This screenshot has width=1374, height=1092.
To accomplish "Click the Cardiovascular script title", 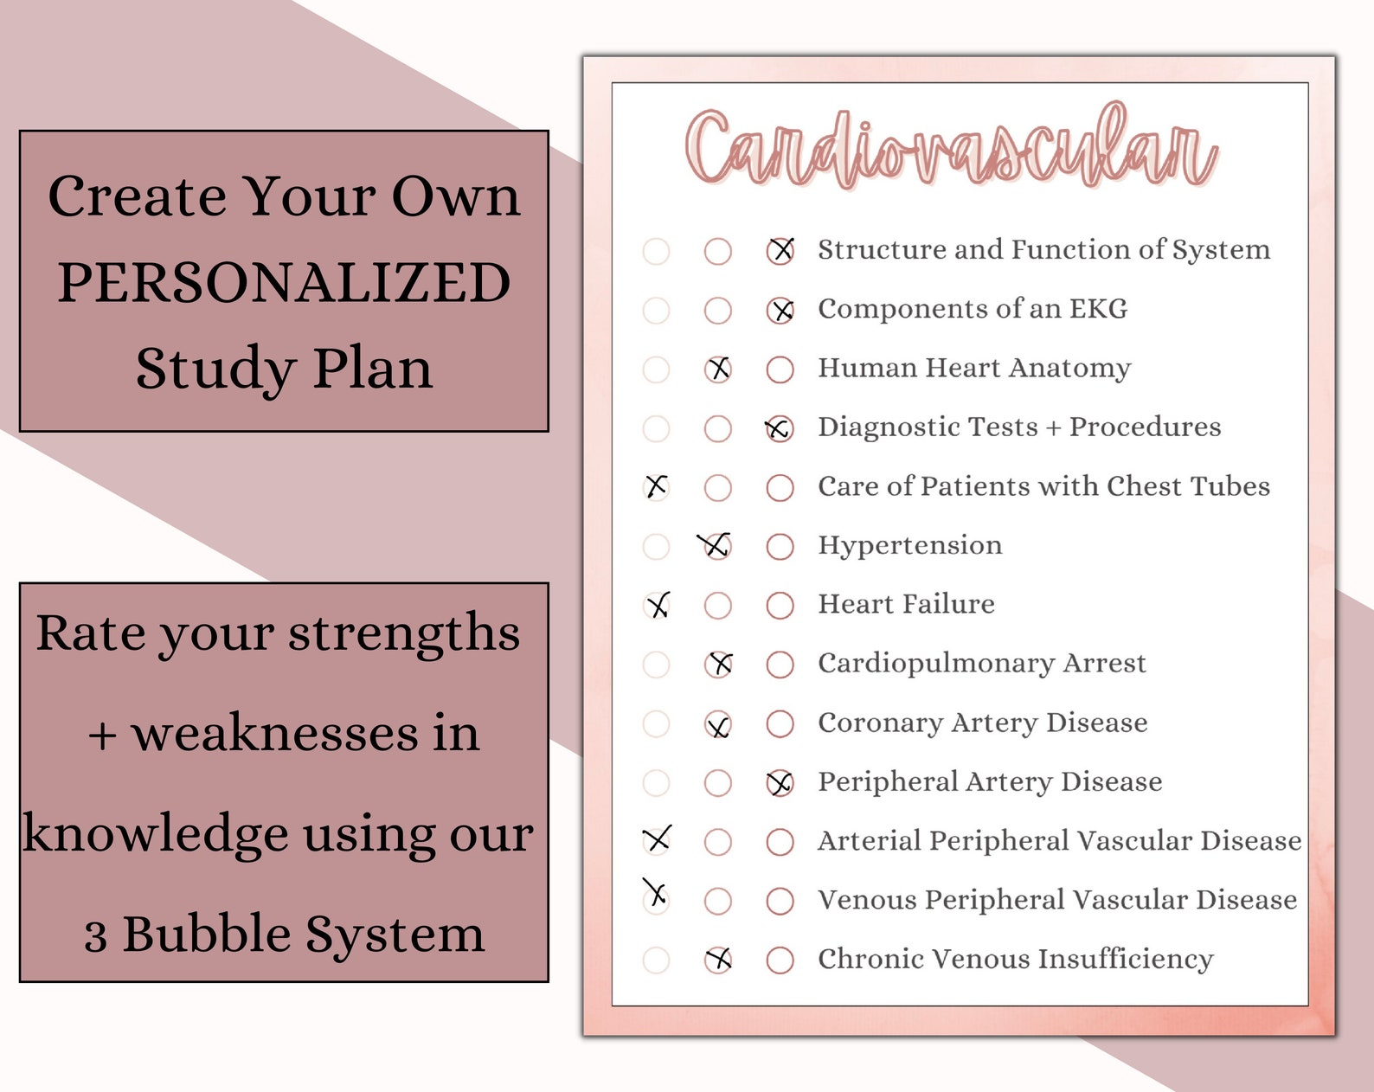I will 952,147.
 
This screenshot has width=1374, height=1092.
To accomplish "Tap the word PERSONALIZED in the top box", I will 284,283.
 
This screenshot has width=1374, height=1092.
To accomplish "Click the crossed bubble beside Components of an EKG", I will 780,310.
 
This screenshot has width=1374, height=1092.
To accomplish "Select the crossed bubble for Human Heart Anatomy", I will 718,369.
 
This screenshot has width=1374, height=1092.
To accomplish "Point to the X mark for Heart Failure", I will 658,605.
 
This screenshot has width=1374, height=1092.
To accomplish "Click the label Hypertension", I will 910,545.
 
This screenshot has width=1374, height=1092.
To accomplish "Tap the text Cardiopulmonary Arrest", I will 982,664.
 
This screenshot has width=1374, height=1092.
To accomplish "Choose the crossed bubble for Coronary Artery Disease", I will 718,724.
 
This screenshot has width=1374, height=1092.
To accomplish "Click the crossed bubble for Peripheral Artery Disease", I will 780,783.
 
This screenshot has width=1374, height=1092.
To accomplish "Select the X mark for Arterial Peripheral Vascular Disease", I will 657,838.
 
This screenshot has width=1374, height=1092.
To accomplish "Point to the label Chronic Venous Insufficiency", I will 1016,959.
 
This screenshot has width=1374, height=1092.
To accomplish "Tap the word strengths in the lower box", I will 404,633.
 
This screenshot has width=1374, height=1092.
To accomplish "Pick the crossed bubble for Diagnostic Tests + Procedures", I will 779,428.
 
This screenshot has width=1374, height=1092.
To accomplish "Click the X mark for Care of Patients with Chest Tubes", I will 657,486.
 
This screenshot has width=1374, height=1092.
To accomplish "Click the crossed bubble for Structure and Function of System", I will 780,251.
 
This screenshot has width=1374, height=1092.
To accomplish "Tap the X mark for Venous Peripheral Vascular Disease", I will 656,893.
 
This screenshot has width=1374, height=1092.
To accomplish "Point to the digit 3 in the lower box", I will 95,936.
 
